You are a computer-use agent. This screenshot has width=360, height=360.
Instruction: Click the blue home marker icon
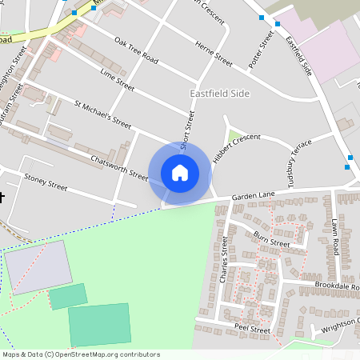[x=180, y=172]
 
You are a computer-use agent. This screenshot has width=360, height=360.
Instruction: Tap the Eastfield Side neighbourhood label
[x=220, y=94]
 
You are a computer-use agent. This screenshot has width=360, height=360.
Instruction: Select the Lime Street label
[x=118, y=79]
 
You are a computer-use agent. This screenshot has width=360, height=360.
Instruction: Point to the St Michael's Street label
[x=102, y=114]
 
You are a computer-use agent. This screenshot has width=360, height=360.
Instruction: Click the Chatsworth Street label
[x=120, y=165]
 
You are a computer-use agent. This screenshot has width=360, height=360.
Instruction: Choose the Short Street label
[x=188, y=130]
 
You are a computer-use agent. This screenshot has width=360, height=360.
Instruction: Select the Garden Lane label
[x=254, y=195]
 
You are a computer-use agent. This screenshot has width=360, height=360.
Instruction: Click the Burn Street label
[x=271, y=239]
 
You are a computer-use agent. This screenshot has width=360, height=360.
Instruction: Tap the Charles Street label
[x=224, y=265]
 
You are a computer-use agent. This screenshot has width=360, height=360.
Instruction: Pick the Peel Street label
[x=253, y=329]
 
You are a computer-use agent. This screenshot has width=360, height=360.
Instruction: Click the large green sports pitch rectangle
[x=98, y=324]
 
